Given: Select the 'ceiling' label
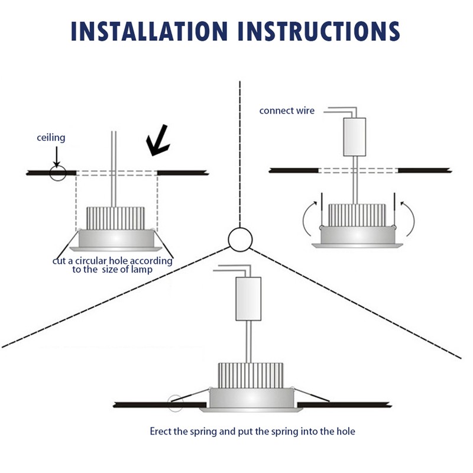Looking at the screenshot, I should pos(51,138).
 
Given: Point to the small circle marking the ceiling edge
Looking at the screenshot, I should pos(58,172).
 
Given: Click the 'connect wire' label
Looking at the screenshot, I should pos(287,111).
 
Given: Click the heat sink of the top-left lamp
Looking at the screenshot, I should pos(116,218).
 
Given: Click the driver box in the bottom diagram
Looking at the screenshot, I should pos(248,299).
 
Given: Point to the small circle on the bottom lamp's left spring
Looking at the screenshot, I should pos(176,403).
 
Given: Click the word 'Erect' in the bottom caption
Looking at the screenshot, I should pos(161,432).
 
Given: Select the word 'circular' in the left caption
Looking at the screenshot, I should pos(95,261).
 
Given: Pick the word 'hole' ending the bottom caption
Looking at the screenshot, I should pos(346,432).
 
